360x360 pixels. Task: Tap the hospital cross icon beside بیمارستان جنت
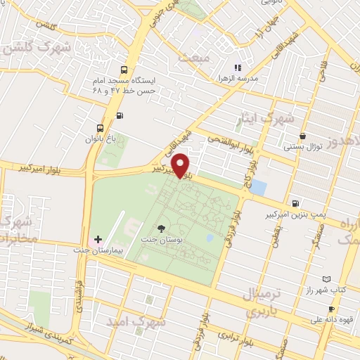98,240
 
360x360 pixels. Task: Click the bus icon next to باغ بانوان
102,129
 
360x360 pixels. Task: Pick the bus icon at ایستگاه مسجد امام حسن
124,70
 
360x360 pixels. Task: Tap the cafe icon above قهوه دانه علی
330,309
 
